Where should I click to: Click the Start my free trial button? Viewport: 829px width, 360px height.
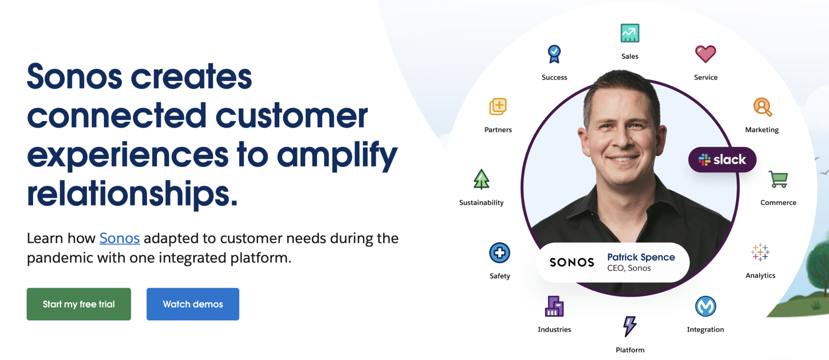point(79,304)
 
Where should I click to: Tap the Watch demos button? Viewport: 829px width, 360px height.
point(193,304)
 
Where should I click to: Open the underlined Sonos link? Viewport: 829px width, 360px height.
point(120,238)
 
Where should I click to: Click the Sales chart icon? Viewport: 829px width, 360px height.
point(630,33)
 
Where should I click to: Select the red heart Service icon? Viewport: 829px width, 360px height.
point(706,54)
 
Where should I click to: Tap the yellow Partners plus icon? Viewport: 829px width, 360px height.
point(498,107)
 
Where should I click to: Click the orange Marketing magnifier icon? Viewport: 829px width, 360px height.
point(763,107)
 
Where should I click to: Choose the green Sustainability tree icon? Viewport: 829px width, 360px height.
point(481,179)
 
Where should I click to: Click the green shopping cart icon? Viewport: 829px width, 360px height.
point(778,180)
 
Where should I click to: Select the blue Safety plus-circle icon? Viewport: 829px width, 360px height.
point(500,253)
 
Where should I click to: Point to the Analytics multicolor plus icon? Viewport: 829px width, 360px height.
point(760,252)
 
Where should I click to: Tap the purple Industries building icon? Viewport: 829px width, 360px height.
point(554,306)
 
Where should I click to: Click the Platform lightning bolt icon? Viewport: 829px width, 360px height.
point(630,326)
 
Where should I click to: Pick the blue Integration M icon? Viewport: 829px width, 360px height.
point(706,306)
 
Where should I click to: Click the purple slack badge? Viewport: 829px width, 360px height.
point(722,160)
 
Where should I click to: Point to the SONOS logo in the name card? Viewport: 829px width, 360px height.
point(572,262)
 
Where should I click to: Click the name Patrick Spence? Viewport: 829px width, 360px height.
point(641,257)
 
